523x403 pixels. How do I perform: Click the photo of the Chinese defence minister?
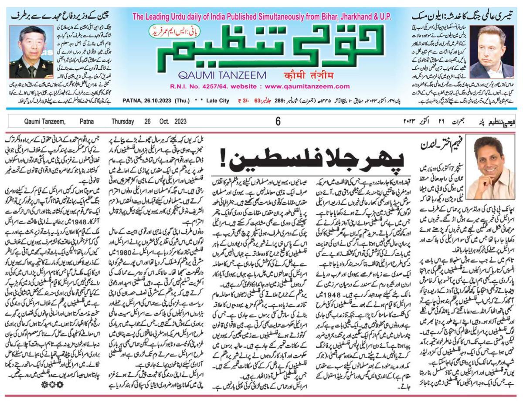[x=25, y=51]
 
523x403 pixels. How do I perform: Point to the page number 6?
[x=278, y=122]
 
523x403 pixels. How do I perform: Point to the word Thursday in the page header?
[x=122, y=122]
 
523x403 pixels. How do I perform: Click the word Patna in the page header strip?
[x=86, y=122]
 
